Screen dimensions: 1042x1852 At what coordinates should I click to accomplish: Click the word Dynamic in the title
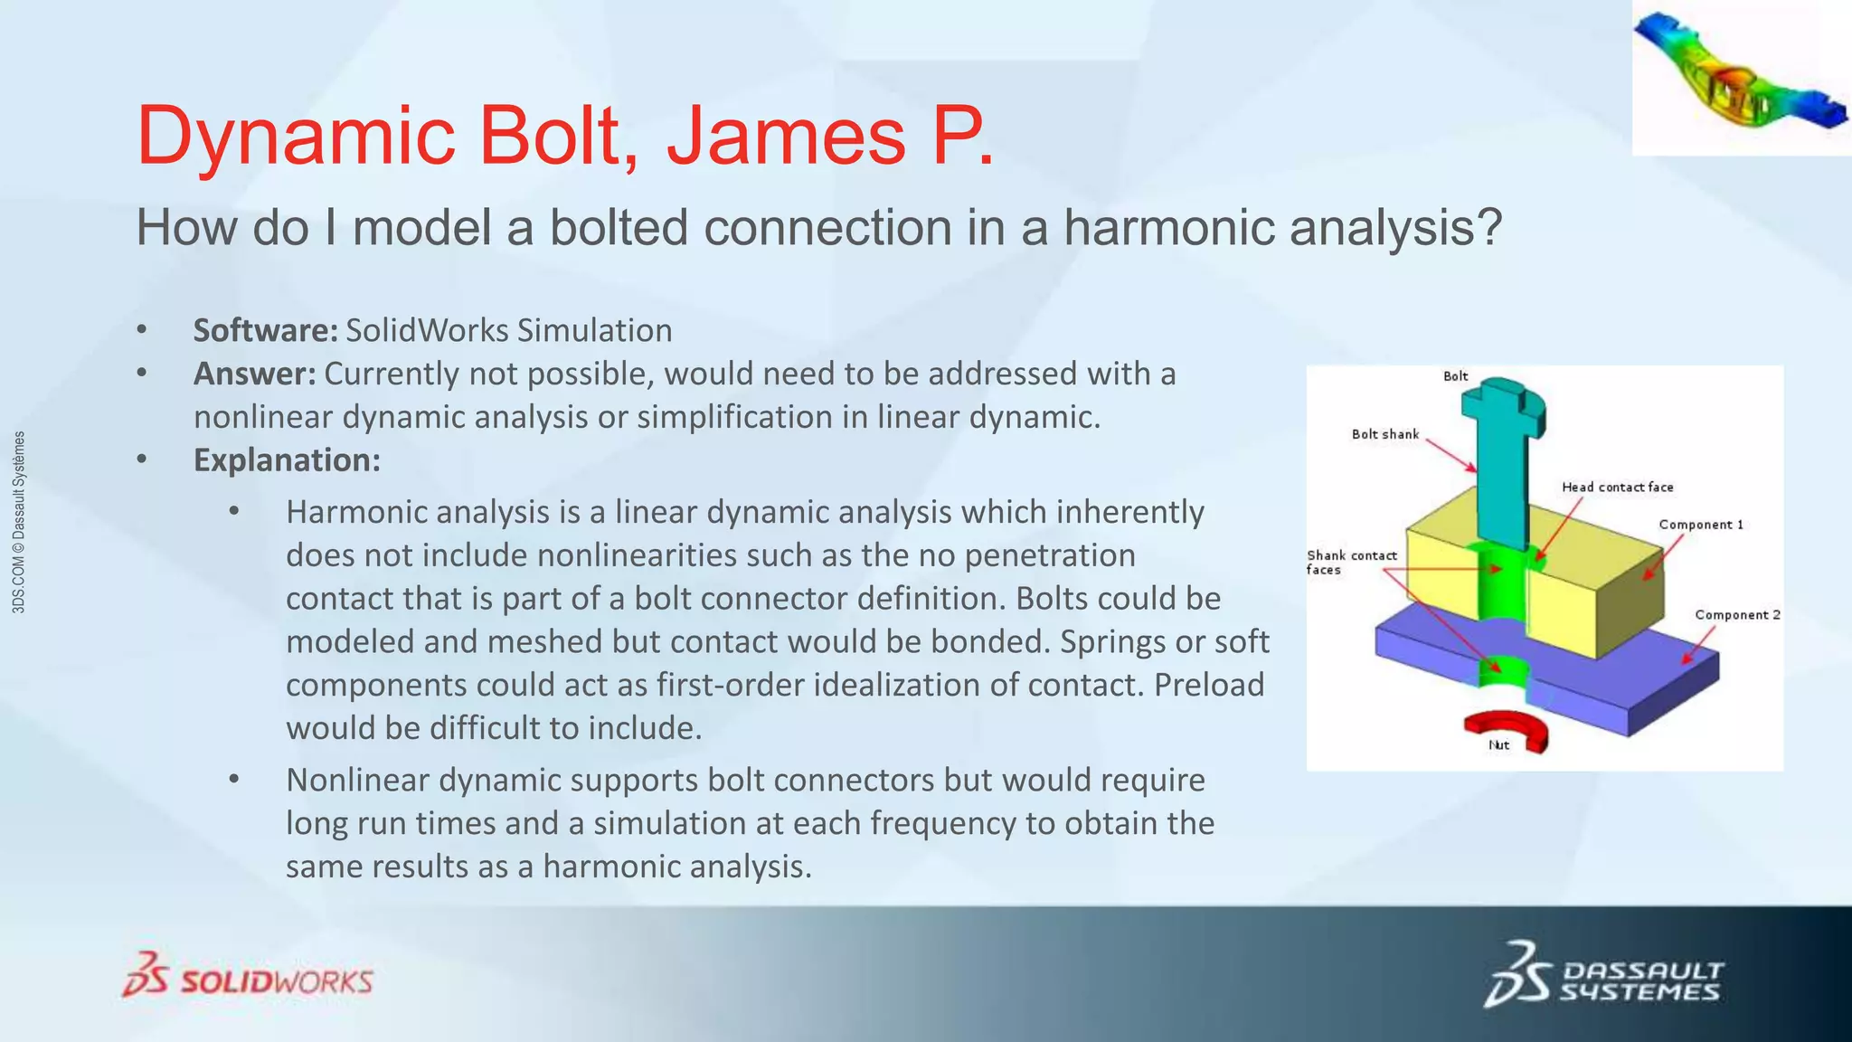295,137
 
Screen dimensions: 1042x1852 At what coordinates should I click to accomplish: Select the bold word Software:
265,331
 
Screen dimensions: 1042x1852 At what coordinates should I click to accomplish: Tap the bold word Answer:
254,374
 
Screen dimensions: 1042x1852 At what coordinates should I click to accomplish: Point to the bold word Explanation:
287,460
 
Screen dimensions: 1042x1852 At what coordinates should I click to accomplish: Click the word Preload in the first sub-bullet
1209,685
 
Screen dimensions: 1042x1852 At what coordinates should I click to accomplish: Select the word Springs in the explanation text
1114,641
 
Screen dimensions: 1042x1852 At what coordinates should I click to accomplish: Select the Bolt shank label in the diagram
1384,435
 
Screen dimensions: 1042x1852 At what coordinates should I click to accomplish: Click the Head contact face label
1617,488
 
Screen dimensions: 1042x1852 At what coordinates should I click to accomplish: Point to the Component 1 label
1700,525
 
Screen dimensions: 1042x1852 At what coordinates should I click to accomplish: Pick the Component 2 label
1736,615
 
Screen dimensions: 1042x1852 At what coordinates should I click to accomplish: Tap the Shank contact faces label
1351,563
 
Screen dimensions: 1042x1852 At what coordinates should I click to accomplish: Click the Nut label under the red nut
1498,746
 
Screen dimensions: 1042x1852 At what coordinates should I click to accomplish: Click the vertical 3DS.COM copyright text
19,523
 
